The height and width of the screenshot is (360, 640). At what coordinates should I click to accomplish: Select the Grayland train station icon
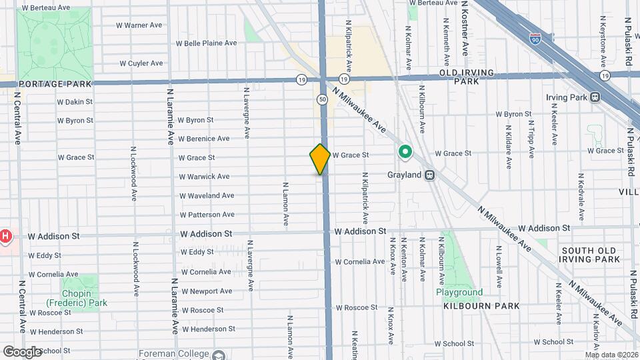tap(431, 175)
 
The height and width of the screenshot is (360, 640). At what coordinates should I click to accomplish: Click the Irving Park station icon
tap(594, 97)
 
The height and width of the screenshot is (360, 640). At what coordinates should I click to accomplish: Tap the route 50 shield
tap(322, 99)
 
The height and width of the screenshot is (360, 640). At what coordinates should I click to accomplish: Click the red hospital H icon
tap(5, 236)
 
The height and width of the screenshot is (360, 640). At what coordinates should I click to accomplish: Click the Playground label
tap(459, 293)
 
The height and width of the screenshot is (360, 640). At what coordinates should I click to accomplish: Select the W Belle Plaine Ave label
tap(206, 43)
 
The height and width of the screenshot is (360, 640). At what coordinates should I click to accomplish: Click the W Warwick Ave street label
tap(204, 177)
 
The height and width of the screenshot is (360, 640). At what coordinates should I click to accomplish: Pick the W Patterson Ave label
tap(207, 215)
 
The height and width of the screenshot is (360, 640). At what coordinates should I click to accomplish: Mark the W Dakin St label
tap(75, 102)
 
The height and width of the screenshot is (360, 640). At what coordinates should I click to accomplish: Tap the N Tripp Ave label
tap(531, 139)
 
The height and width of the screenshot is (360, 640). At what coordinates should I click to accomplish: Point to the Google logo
tap(22, 351)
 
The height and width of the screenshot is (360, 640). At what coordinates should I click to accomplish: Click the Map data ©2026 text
tap(611, 355)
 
